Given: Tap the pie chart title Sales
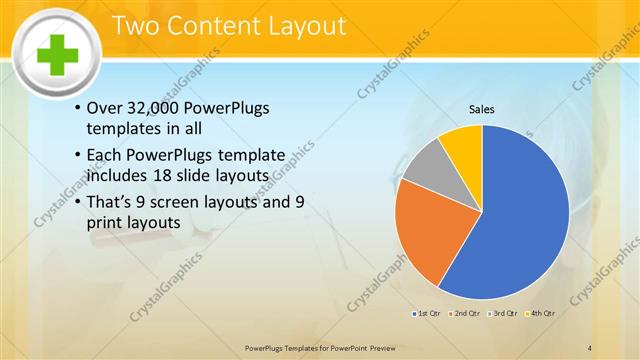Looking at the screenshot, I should [x=482, y=110].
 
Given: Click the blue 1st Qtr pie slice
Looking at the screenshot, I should [x=520, y=220].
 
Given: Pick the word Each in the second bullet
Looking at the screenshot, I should [x=107, y=156].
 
